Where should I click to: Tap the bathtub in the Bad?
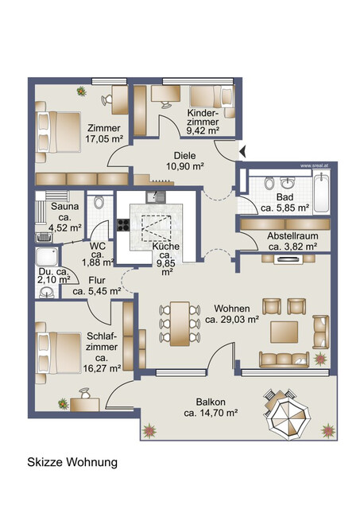coord(322,192)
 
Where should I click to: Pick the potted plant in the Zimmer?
coord(82,91)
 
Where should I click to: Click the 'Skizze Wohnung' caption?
coord(72,462)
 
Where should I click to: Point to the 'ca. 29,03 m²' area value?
coord(232,320)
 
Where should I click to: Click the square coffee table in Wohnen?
coord(285,330)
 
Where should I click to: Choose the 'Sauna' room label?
coord(64,206)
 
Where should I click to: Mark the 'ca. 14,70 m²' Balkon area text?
coord(211,413)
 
